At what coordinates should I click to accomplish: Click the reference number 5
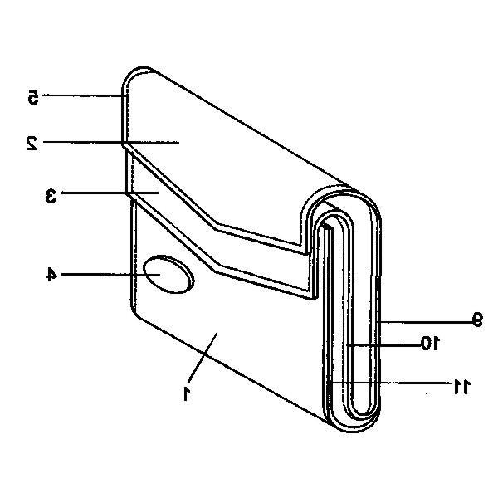[33, 97]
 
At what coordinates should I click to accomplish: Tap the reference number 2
[32, 144]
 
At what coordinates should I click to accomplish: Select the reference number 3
[51, 196]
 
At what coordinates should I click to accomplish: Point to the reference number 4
[51, 274]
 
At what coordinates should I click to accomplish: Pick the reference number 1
[187, 393]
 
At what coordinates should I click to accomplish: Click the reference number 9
[477, 320]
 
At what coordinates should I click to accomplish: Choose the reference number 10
[430, 343]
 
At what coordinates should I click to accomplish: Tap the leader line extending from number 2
[111, 142]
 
